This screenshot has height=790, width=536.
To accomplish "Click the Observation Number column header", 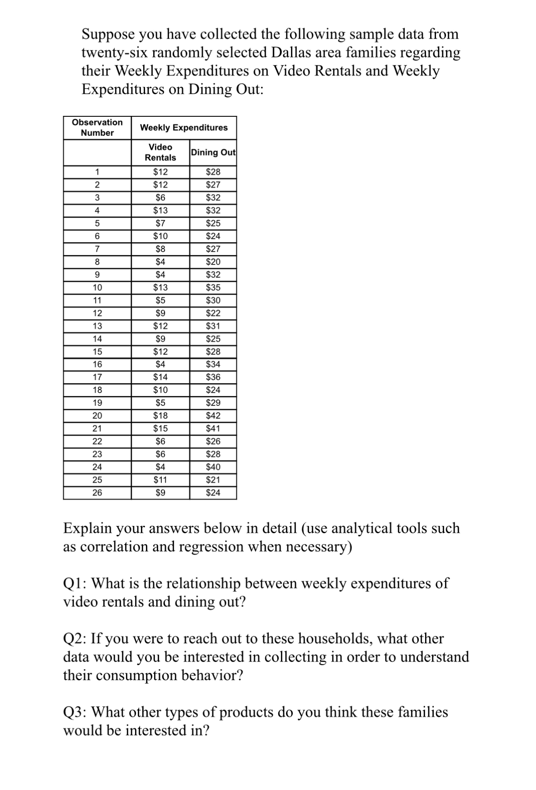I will point(97,128).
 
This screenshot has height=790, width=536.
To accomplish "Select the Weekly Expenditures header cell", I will point(184,128).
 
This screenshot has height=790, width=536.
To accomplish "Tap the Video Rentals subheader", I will point(160,152).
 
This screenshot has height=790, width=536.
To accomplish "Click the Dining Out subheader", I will point(213,152).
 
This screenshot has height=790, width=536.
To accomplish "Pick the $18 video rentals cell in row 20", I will point(160,415).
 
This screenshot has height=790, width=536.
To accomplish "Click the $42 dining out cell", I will point(213,415).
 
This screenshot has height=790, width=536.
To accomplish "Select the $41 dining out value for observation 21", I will point(213,428).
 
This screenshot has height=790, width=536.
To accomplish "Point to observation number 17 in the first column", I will point(97,377).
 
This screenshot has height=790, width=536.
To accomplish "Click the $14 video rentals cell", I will point(160,377).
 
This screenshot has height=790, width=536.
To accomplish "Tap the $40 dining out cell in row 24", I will point(213,467).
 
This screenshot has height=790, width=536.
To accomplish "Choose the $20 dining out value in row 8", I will point(213,262).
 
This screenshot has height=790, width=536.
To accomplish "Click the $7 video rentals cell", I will point(160,223).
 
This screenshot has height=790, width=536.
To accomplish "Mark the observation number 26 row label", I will point(97,492).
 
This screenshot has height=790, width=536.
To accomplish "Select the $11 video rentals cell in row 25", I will point(160,480).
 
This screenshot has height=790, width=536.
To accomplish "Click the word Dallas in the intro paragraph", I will point(291,53).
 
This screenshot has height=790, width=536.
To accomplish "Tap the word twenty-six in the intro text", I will point(114,53).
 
